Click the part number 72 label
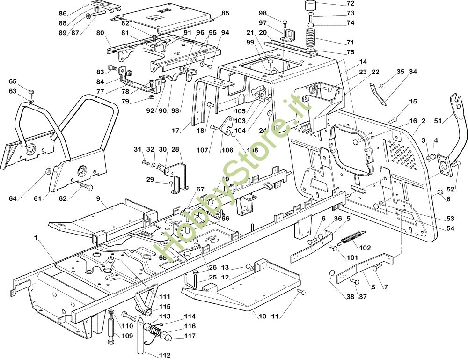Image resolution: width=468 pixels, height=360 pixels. point(351,4)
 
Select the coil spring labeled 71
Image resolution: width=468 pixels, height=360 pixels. point(311,38)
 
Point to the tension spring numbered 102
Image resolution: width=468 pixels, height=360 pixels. point(352,238)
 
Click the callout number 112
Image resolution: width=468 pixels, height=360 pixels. point(164,355)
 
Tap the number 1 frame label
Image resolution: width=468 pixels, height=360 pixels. point(35,238)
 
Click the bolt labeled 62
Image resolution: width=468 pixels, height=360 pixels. point(85,187)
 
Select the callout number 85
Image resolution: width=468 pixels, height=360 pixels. point(225,14)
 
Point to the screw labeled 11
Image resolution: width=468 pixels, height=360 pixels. point(301,293)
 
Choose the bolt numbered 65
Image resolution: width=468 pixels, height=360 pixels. point(31,91)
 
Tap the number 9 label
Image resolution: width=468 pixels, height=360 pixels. point(98,198)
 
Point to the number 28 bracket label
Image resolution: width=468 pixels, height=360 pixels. point(175,149)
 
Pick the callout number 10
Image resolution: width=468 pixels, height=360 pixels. point(262,316)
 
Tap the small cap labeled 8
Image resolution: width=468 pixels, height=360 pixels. point(440,193)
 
